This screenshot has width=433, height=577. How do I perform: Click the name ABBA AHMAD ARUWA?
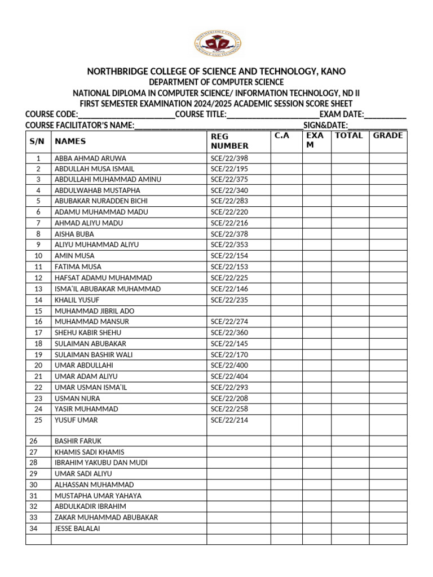click(x=90, y=158)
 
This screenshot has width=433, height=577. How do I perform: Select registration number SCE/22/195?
click(x=229, y=169)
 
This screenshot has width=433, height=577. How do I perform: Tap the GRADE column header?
click(x=388, y=136)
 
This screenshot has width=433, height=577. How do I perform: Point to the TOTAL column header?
click(x=349, y=136)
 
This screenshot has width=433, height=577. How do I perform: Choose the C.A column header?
click(x=282, y=136)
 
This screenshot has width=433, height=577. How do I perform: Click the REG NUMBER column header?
click(x=229, y=141)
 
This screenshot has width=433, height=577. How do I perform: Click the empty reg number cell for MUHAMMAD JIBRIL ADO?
click(x=238, y=310)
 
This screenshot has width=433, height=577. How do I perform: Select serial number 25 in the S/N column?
click(x=38, y=420)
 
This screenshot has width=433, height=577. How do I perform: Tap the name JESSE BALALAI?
click(x=78, y=529)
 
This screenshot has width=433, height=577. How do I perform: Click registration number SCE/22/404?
click(x=229, y=376)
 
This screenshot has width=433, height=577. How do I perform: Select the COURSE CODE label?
click(x=51, y=114)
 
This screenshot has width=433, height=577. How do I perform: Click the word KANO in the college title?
click(x=333, y=72)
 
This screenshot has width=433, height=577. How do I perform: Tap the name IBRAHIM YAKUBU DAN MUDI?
click(x=101, y=463)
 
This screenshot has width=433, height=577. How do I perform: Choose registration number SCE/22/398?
click(x=229, y=158)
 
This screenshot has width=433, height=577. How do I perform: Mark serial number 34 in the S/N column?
click(x=33, y=529)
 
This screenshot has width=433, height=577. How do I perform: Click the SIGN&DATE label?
click(x=325, y=125)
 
